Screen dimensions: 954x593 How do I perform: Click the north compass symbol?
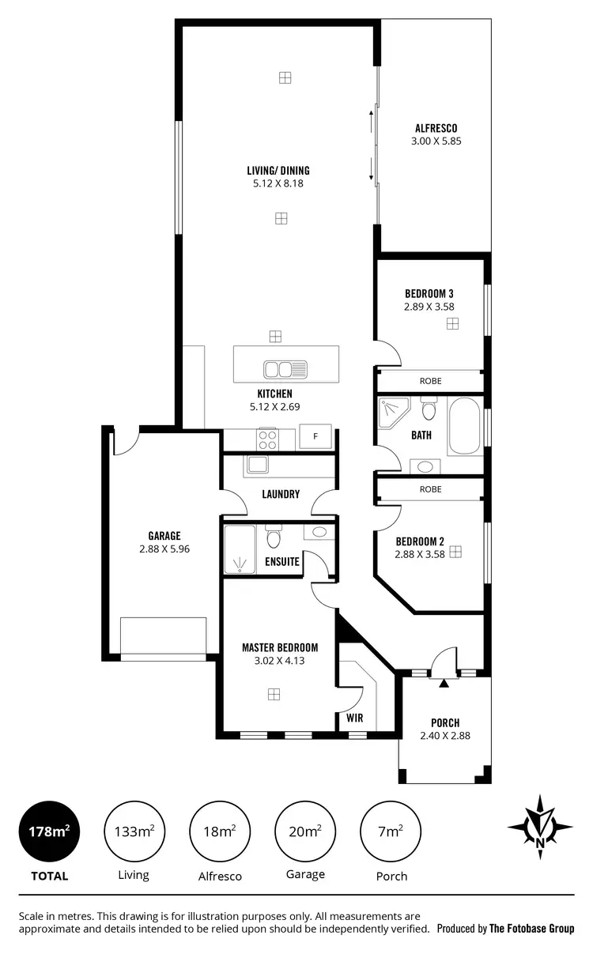(x=540, y=827)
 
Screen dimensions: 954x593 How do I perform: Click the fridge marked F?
(x=315, y=436)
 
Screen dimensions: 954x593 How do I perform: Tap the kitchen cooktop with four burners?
(x=267, y=437)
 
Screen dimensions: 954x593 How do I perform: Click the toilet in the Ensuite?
(x=274, y=538)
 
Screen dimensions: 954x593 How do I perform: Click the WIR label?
(x=353, y=718)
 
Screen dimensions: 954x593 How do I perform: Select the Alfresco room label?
(x=436, y=128)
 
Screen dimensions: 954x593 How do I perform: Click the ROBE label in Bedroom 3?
(x=430, y=381)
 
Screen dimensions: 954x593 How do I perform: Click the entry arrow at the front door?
(x=444, y=683)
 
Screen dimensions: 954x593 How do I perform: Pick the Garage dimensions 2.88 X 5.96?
(x=164, y=549)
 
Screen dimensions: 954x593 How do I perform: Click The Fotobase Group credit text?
(x=531, y=929)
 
